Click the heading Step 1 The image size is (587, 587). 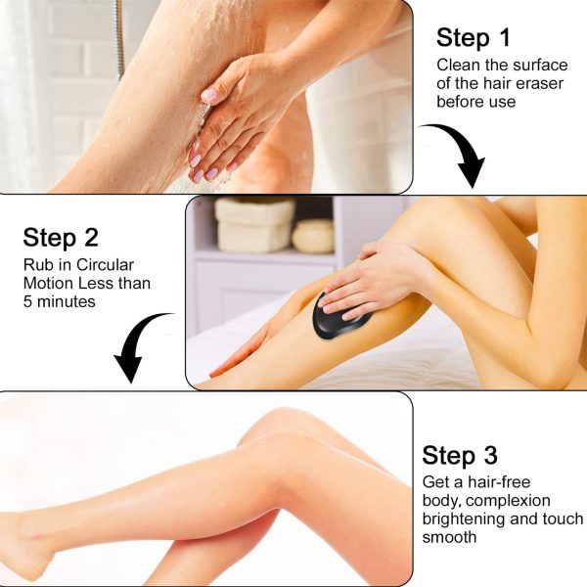[474, 38]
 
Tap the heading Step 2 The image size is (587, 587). [62, 238]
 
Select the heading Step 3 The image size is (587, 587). [460, 455]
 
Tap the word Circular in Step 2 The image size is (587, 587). [108, 265]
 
